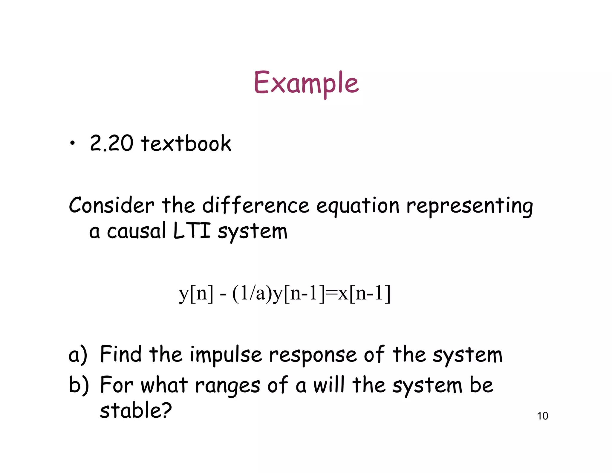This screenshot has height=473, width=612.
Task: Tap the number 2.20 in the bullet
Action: (x=111, y=143)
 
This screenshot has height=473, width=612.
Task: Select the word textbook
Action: (x=186, y=143)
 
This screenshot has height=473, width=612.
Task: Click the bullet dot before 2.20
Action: (x=72, y=144)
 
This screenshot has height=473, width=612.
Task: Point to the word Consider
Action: (x=111, y=205)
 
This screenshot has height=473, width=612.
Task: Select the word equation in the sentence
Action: (x=358, y=206)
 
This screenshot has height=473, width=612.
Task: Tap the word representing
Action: (x=469, y=206)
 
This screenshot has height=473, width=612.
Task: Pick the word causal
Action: (x=136, y=231)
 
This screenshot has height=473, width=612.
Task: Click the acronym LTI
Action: (x=192, y=231)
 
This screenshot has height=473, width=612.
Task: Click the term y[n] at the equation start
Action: (x=196, y=293)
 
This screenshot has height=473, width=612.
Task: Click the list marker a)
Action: (x=78, y=355)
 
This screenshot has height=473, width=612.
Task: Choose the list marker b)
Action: (x=79, y=385)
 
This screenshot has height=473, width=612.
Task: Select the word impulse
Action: (x=226, y=355)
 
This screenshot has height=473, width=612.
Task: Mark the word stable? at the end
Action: (x=136, y=410)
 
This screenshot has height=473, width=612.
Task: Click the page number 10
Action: (x=542, y=416)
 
